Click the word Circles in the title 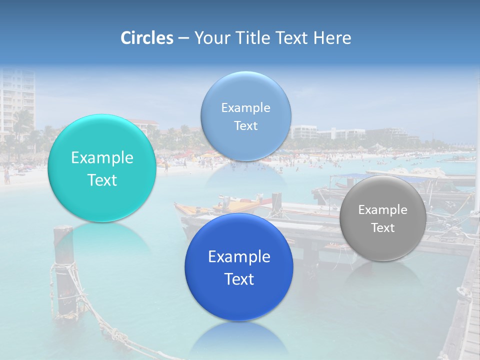click(147, 38)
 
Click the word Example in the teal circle click(102, 158)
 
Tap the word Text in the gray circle click(383, 228)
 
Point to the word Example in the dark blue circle click(239, 257)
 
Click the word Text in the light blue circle click(245, 126)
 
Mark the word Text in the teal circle click(102, 180)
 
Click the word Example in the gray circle click(383, 210)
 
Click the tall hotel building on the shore click(18, 100)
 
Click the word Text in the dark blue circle click(239, 279)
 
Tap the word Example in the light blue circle click(245, 108)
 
